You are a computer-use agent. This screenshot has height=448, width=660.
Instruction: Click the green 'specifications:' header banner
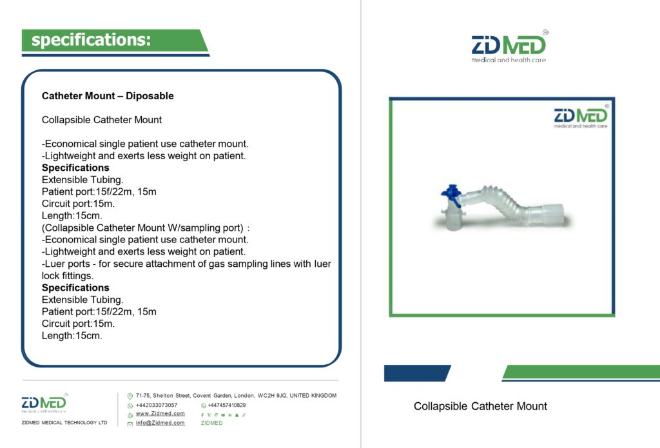115,40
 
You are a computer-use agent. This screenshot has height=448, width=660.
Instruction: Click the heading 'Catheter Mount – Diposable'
108,96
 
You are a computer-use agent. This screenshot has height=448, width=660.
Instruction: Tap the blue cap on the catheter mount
451,195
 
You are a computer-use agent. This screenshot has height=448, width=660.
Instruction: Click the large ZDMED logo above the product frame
509,46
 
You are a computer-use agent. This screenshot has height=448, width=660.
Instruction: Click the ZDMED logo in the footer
44,402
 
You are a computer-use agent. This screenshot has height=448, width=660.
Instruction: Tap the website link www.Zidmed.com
160,414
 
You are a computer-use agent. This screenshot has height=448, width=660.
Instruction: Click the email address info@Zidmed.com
160,423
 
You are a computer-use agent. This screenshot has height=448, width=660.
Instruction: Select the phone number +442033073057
157,405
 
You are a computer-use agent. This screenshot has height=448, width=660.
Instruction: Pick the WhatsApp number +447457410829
226,405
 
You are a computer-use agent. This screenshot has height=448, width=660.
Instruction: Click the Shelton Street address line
236,396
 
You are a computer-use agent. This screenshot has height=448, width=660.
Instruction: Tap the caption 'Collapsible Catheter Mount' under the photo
480,406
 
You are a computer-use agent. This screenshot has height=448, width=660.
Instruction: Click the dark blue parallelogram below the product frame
417,373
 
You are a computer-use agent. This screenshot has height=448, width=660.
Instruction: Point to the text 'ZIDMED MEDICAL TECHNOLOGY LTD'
64,422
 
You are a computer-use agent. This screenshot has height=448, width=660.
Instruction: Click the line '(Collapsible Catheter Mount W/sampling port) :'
146,228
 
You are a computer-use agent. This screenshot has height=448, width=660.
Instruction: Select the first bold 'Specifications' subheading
75,168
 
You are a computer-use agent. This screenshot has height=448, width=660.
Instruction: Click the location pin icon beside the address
130,396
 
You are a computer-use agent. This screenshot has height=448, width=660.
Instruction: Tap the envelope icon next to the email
130,424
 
